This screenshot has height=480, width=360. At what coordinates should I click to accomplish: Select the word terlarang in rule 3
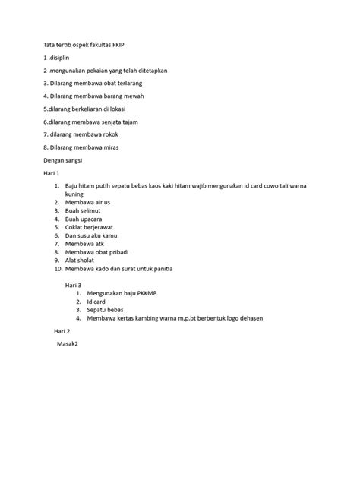click(x=125, y=83)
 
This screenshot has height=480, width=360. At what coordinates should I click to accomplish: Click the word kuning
click(x=74, y=194)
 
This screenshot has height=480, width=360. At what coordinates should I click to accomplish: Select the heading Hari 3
click(x=72, y=285)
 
